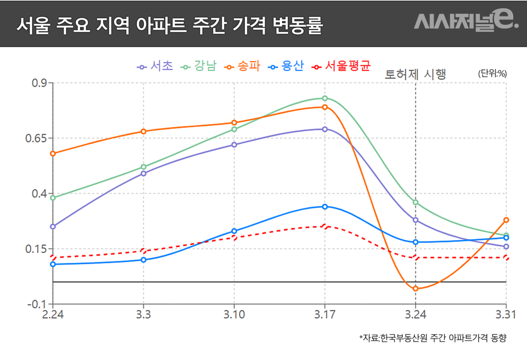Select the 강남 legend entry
point(200,66)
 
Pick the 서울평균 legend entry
point(341,66)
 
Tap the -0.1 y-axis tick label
point(37,304)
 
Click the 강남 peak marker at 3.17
point(325,98)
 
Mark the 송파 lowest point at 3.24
point(416,288)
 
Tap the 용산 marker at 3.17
point(325,206)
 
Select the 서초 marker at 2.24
point(53,226)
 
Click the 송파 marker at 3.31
point(506,220)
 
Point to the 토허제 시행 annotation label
point(416,74)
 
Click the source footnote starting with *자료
point(432,338)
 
